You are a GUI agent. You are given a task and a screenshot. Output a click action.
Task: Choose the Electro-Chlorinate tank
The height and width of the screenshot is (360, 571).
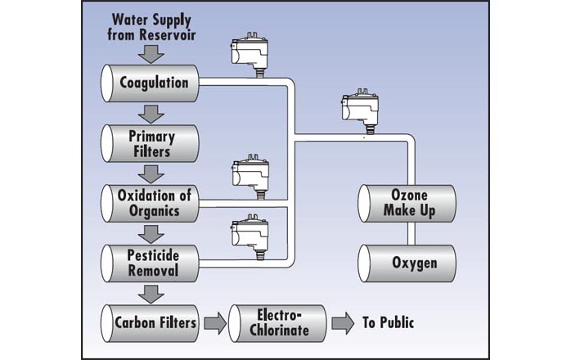click(278, 322)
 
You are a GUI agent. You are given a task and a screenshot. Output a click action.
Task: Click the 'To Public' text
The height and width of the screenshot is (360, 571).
click(389, 323)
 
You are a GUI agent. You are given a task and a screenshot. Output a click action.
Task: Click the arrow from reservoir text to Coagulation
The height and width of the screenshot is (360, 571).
click(151, 54)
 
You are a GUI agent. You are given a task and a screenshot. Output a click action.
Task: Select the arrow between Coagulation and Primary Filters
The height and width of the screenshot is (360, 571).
click(151, 113)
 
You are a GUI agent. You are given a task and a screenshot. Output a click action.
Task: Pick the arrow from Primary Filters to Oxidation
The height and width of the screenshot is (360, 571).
click(151, 173)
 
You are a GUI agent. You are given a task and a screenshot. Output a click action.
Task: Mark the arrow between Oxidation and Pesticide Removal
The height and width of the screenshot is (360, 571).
click(151, 233)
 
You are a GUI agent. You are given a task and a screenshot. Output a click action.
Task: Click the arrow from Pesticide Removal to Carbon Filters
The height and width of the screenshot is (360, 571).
click(151, 293)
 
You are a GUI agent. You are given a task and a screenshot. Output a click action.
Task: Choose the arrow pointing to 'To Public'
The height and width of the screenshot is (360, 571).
click(343, 322)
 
